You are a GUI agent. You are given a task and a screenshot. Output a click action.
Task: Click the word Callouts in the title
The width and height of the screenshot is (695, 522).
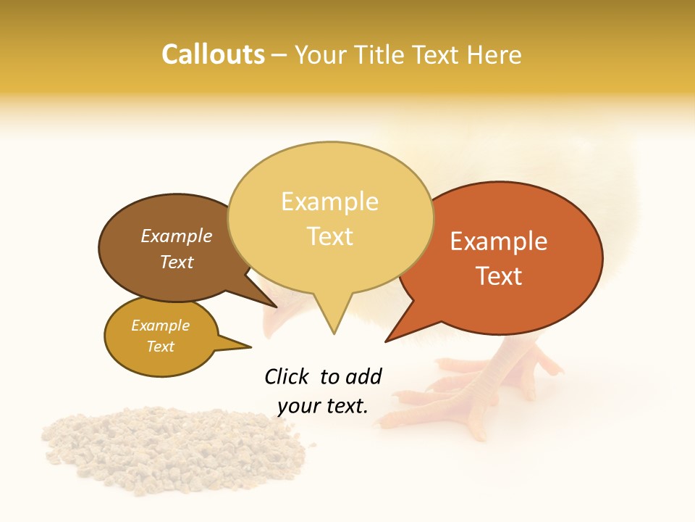point(213,54)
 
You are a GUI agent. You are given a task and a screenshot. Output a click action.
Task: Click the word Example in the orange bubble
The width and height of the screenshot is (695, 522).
point(499,241)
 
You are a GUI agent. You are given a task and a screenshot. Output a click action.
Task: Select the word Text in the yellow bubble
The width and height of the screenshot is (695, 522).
point(330,236)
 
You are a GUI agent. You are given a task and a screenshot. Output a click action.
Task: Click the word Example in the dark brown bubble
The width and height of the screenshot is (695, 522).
point(176,236)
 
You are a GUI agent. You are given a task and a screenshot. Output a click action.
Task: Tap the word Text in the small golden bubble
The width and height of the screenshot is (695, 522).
point(161,347)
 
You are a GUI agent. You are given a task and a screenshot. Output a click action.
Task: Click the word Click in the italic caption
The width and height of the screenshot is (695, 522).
point(287,376)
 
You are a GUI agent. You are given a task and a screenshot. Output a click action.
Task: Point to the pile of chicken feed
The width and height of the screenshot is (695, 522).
point(174,449)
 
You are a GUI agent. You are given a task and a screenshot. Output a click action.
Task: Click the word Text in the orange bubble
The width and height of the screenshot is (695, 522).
point(499,276)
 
